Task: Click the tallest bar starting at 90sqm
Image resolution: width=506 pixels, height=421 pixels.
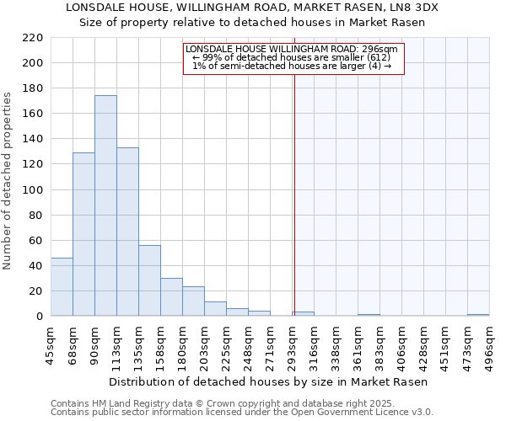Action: coord(105,206)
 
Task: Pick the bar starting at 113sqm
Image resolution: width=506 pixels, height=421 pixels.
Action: coord(127,232)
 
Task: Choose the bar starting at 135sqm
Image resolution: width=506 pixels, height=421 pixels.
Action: coord(149,280)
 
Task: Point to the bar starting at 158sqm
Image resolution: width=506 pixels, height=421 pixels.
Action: coord(171,297)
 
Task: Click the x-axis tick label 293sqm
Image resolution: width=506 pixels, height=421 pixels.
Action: coord(293,345)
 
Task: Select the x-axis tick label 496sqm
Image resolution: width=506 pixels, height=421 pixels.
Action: coord(490,345)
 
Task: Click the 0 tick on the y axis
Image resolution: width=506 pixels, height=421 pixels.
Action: coord(39,317)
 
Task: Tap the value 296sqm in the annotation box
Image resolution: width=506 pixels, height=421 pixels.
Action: coord(380,49)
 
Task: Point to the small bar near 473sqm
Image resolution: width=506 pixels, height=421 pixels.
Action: coord(478,315)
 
